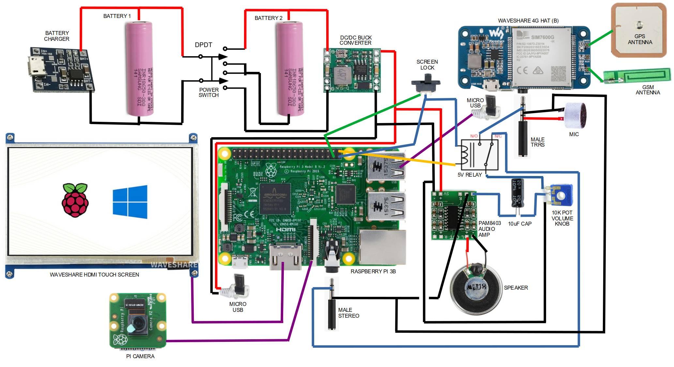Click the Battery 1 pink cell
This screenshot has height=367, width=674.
140,69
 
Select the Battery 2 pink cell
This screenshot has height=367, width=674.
290,69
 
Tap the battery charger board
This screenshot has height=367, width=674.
62,69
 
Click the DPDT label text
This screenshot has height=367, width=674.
203,45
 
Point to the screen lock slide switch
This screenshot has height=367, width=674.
426,84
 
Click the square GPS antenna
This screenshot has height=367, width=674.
639,30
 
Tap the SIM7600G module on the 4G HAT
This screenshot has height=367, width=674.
542,57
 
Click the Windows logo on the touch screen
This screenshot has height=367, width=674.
130,202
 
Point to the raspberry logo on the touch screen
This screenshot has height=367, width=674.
75,200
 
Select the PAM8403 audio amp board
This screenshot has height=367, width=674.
453,215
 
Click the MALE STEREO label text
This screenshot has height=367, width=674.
348,313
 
